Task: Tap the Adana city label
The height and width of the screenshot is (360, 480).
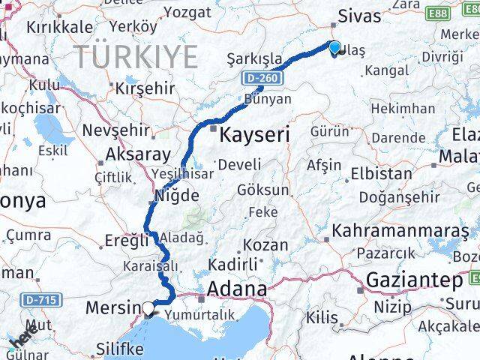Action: [x=238, y=289]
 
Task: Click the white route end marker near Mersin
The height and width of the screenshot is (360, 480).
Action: [x=149, y=307]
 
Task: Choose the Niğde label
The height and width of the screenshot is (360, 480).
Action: [x=175, y=196]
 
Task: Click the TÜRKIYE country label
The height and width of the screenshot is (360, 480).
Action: [x=136, y=55]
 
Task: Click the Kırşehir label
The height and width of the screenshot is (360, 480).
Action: [x=144, y=88]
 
